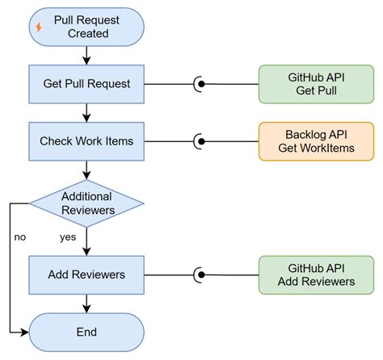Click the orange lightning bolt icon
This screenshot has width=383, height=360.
click(x=39, y=27)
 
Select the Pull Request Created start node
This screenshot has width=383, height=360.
click(x=86, y=27)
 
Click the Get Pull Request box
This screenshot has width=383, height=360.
click(x=86, y=84)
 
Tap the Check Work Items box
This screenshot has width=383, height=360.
click(x=86, y=141)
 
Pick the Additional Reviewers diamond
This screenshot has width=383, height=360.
click(x=86, y=203)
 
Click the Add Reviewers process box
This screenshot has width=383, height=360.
click(x=86, y=274)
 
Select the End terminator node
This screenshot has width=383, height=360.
click(x=86, y=331)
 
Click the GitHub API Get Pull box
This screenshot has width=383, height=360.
click(x=316, y=84)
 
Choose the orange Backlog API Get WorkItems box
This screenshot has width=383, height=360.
click(x=316, y=141)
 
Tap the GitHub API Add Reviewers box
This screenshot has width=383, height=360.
click(x=316, y=274)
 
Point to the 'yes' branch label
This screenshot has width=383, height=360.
click(x=69, y=237)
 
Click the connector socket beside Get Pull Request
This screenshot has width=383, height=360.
click(x=199, y=84)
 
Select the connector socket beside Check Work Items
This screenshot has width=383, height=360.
click(x=199, y=141)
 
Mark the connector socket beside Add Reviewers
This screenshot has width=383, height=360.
click(x=199, y=274)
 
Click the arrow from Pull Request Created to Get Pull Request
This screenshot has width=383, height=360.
click(x=86, y=56)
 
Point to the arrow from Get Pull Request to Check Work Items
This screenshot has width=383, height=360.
click(x=86, y=113)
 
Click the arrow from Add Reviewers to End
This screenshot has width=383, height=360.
click(x=86, y=303)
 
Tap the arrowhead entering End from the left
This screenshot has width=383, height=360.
click(x=24, y=331)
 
